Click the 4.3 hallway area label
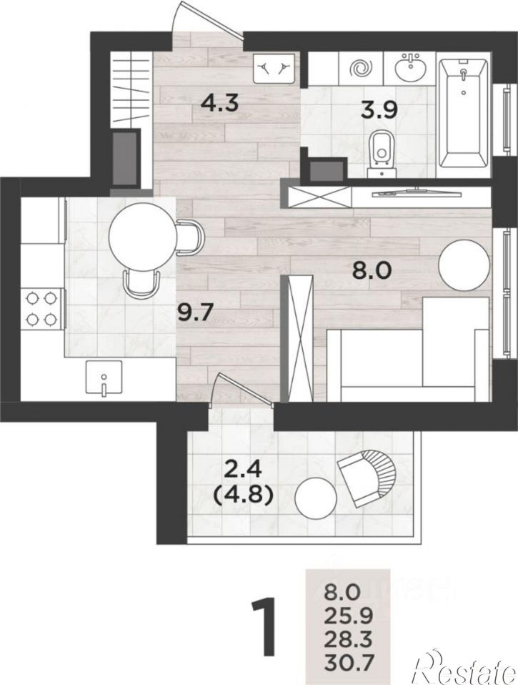tap(219, 104)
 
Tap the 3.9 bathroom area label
tap(379, 110)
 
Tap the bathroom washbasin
tap(411, 68)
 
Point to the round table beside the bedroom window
tap(464, 263)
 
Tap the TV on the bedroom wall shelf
tap(414, 192)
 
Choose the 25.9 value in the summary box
tap(348, 617)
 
